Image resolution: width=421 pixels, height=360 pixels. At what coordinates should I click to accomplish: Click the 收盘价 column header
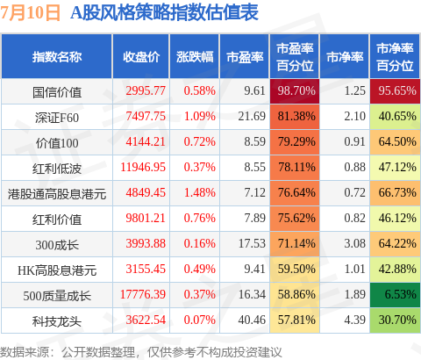coord(141,57)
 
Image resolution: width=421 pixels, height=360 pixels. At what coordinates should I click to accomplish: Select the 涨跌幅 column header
coord(195,57)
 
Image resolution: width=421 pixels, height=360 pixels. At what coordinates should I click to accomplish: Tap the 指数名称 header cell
coord(57,57)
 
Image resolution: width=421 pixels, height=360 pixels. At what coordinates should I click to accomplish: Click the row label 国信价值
coord(57,92)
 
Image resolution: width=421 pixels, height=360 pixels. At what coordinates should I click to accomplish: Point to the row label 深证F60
coord(57,118)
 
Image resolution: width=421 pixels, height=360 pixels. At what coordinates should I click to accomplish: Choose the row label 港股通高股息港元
coord(57,194)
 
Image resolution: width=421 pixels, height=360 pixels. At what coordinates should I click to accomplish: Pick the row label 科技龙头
coord(57,321)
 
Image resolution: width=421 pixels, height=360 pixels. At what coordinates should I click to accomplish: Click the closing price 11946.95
coord(143,167)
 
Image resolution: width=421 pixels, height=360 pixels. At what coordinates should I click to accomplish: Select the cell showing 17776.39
coord(143,294)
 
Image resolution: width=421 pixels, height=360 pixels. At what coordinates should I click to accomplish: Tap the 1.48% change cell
coord(200,192)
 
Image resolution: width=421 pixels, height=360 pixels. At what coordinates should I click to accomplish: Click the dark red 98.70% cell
coord(295,91)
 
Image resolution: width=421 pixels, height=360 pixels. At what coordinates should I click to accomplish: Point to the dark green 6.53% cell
coord(395,295)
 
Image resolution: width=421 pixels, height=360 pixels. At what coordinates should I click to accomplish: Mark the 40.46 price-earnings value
coord(252,320)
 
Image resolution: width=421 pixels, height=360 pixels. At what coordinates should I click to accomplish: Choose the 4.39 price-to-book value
coord(354,320)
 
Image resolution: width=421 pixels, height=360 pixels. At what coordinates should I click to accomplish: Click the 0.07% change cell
coord(200,320)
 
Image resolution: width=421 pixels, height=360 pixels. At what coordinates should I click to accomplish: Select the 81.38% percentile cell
coord(295,117)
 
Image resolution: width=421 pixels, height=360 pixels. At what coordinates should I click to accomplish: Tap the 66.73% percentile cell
coord(395,193)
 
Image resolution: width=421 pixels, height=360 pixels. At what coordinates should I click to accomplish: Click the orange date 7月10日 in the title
coord(30,13)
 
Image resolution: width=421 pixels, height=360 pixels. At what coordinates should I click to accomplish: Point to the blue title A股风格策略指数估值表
coord(164,12)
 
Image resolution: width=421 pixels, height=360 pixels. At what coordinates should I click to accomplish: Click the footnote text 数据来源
coord(25,352)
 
